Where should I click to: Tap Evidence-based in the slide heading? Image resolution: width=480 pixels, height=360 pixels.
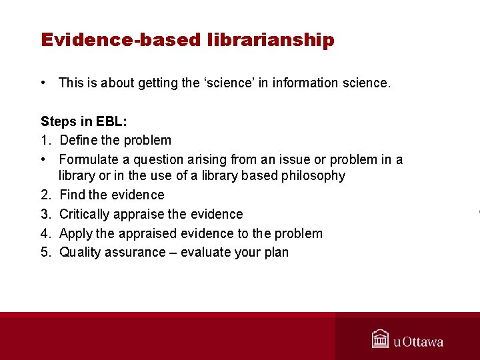pyautogui.click(x=120, y=40)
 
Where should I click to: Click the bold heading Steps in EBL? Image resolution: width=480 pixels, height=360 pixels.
pyautogui.click(x=83, y=121)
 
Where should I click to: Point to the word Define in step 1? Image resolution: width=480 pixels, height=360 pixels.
pyautogui.click(x=78, y=140)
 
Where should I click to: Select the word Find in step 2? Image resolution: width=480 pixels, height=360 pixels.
pyautogui.click(x=72, y=195)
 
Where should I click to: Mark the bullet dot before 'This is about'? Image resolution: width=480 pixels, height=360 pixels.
pyautogui.click(x=43, y=83)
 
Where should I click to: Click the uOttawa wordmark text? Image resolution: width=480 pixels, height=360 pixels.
pyautogui.click(x=418, y=342)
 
